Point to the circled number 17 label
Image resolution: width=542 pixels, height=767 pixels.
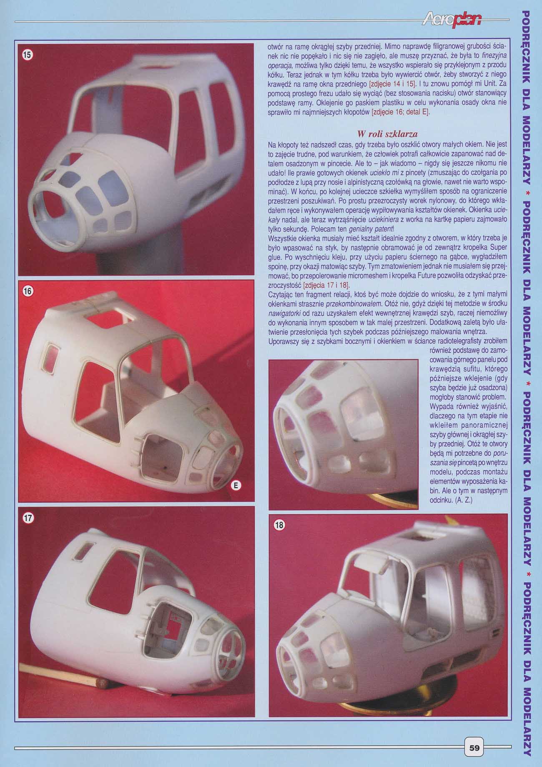pos(28,518)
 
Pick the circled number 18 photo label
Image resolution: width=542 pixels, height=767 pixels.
pos(279,525)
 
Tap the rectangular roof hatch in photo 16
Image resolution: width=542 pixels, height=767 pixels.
pos(113,316)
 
